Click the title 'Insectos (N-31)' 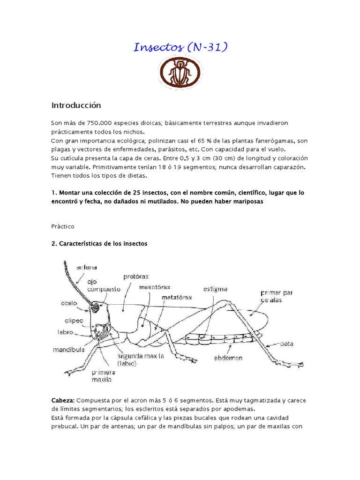[x=180, y=47]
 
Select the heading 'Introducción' [x=76, y=105]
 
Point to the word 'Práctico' [x=63, y=226]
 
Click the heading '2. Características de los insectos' [x=99, y=243]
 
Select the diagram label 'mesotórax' [x=154, y=286]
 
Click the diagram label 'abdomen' [x=229, y=358]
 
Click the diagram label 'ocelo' [x=68, y=303]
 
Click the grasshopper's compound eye [x=97, y=307]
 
